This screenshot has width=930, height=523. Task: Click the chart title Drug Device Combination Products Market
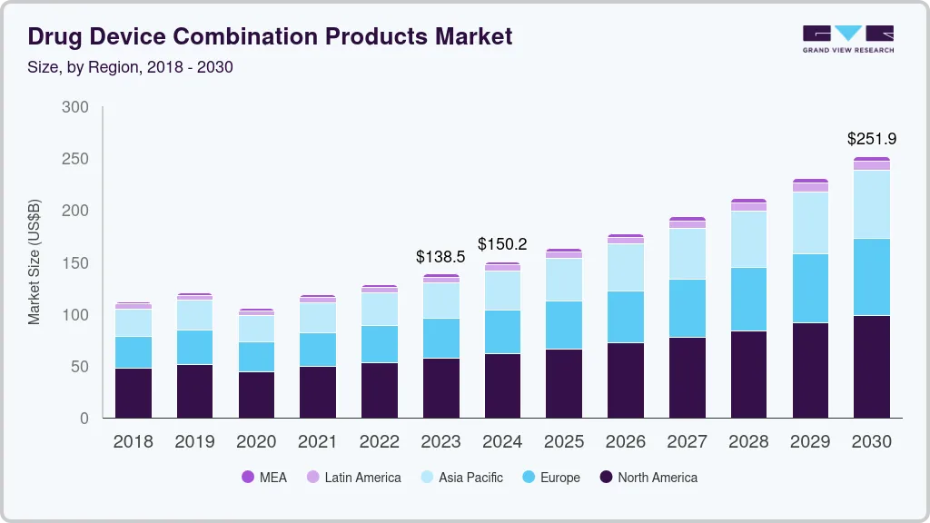tap(270, 36)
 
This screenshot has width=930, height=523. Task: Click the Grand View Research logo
tap(847, 39)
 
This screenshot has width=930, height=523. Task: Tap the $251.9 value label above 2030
tap(872, 139)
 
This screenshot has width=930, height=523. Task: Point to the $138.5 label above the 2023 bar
tap(441, 257)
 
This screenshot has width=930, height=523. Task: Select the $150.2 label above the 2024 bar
tap(503, 244)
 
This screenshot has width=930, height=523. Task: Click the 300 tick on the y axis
tap(75, 107)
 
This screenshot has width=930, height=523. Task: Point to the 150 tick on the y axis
tap(75, 263)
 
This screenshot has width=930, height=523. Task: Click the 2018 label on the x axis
tap(133, 441)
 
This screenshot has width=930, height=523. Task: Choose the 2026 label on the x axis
tap(626, 441)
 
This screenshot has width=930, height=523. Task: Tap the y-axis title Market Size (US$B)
tap(35, 261)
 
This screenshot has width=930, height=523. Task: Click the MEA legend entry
tap(263, 478)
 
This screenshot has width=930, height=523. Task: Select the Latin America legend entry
tap(353, 478)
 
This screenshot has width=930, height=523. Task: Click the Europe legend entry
tap(550, 478)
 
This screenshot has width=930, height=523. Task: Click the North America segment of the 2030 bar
tap(872, 367)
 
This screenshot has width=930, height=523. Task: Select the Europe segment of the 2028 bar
tap(748, 300)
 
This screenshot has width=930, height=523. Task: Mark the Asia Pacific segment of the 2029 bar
tap(810, 222)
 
